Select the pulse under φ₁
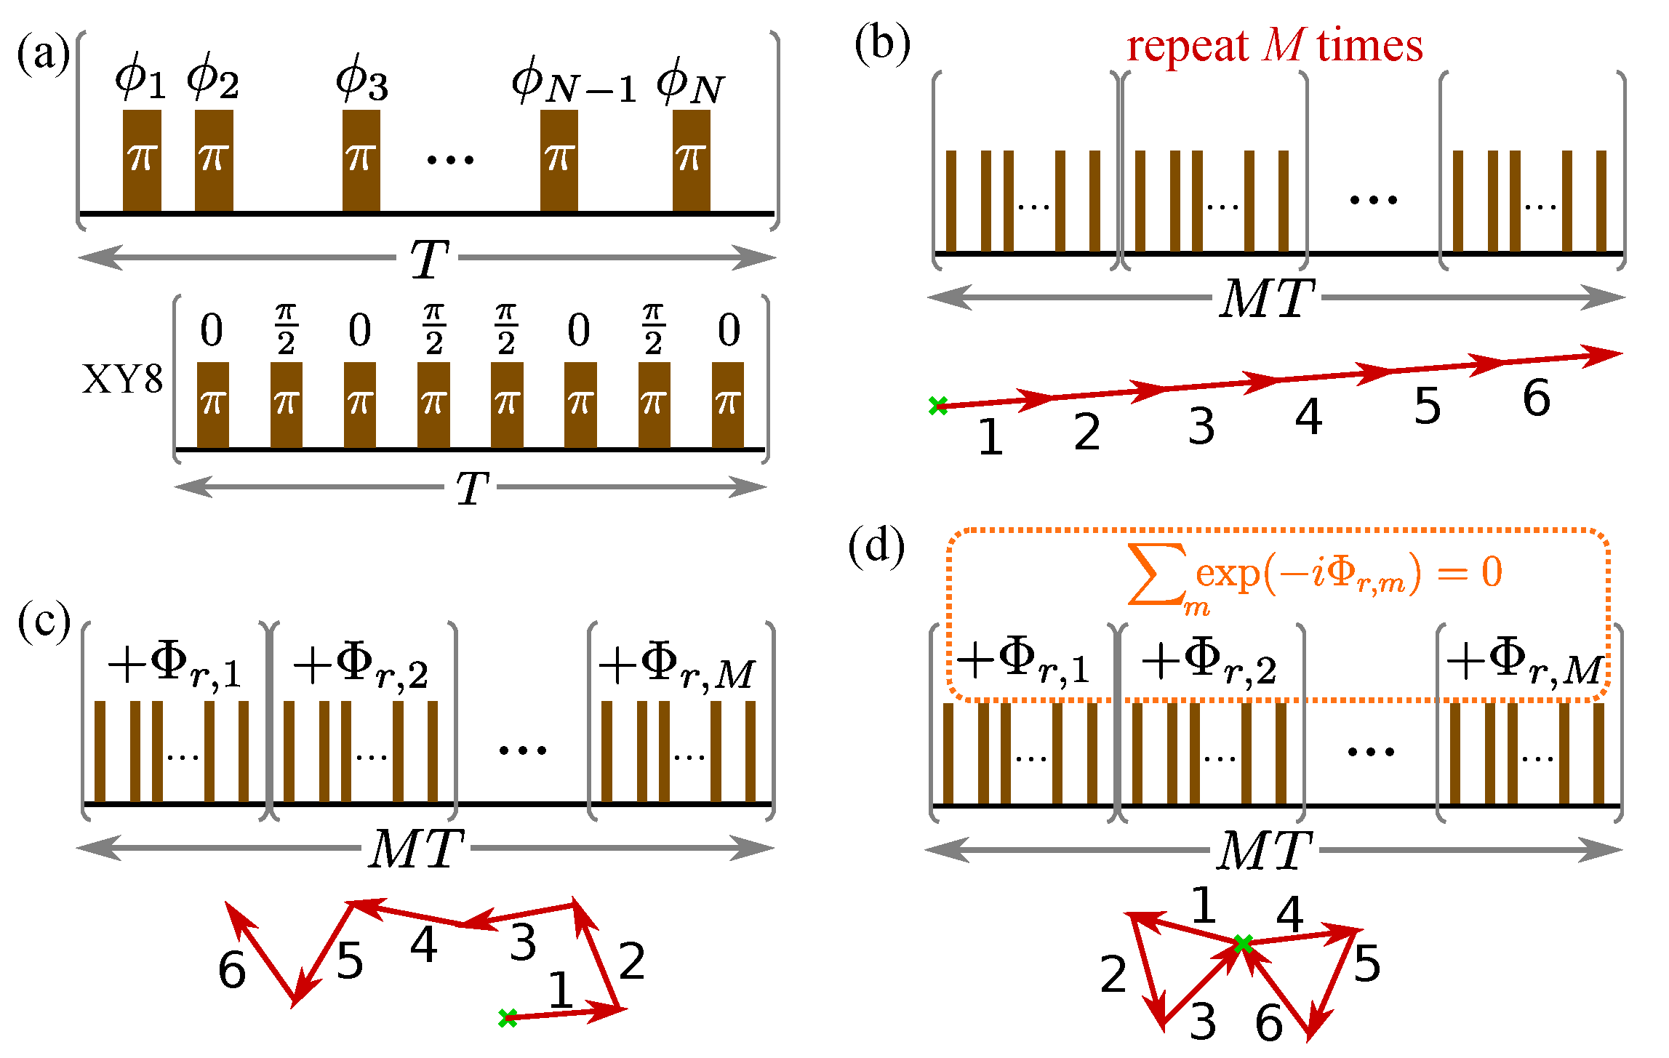coord(142,160)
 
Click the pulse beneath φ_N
coord(691,160)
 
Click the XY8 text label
coord(122,379)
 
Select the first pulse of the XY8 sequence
coord(212,404)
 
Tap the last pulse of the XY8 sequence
coord(727,404)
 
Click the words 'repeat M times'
coord(1274,46)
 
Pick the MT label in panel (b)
coord(1266,299)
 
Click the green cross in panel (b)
coord(938,406)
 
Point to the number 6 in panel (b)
coord(1536,398)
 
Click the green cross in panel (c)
coord(508,1018)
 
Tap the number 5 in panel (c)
coord(350,961)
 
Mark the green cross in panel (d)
coord(1243,944)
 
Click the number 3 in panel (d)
coord(1203,1021)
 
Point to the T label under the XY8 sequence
coord(472,488)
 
